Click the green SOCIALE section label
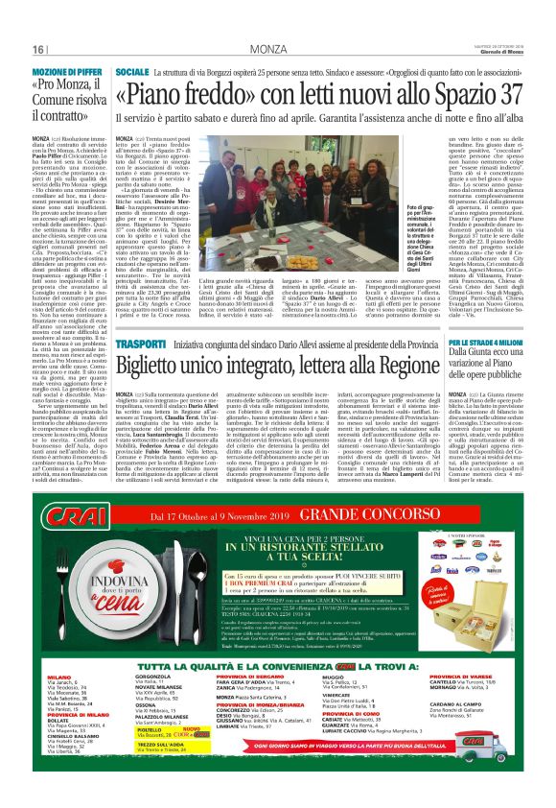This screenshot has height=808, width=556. click(x=131, y=72)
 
